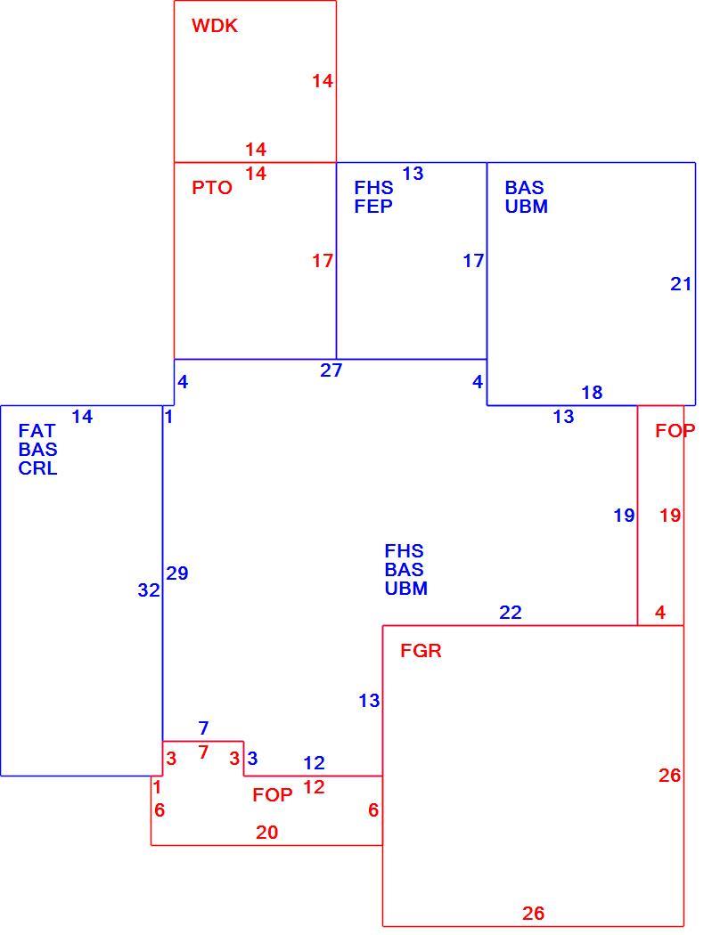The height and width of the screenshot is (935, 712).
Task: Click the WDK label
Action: click(x=214, y=26)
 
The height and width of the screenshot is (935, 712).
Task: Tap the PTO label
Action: click(x=212, y=188)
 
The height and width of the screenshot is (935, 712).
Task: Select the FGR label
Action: click(x=421, y=651)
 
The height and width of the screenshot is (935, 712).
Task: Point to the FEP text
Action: click(x=373, y=207)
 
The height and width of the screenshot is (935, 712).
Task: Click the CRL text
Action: click(x=37, y=468)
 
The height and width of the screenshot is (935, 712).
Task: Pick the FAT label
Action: click(x=37, y=430)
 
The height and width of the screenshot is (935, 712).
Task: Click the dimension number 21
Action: click(x=681, y=284)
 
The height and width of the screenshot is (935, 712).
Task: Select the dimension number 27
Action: click(x=331, y=370)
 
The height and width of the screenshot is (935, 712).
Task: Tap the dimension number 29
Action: click(x=177, y=573)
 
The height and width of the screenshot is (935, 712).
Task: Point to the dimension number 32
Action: click(x=149, y=590)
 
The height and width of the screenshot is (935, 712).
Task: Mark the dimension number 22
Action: click(x=511, y=613)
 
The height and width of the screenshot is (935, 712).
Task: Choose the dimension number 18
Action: click(x=592, y=393)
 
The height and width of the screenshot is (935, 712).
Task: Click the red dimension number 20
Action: click(x=266, y=833)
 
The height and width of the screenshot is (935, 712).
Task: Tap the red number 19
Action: click(x=670, y=516)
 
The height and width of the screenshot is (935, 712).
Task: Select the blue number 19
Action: click(x=625, y=516)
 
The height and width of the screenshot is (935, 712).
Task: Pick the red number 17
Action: click(x=323, y=261)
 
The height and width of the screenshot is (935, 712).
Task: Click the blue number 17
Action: click(x=473, y=261)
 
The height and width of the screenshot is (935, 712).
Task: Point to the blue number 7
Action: click(x=203, y=728)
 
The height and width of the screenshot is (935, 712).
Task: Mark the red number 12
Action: click(x=314, y=787)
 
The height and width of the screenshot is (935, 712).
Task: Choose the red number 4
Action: click(x=660, y=613)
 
